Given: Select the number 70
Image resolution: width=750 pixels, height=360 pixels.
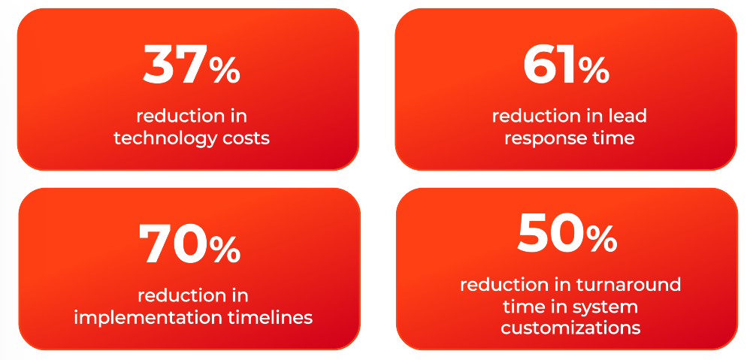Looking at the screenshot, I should pyautogui.click(x=174, y=244).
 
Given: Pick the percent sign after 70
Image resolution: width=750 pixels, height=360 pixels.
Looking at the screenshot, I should pyautogui.click(x=225, y=250).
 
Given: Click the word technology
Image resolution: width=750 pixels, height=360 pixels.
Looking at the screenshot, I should pyautogui.click(x=160, y=139).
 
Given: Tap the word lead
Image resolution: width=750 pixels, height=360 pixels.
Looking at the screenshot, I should pyautogui.click(x=628, y=116).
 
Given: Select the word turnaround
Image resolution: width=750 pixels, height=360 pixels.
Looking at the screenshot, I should pyautogui.click(x=628, y=285).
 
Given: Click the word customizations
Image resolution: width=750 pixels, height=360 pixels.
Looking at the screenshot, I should pyautogui.click(x=570, y=328).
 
